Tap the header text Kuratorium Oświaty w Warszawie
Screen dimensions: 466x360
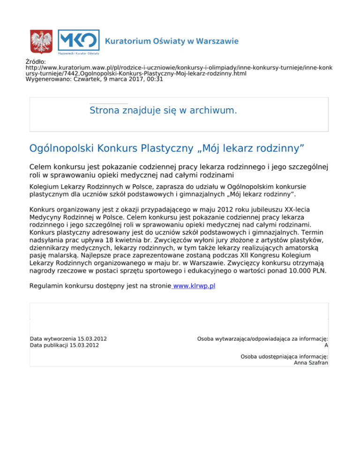click(172, 41)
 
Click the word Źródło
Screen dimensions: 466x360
click(36, 61)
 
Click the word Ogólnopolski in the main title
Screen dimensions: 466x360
click(62, 149)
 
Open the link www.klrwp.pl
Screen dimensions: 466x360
click(194, 285)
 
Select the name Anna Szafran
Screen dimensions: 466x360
click(311, 362)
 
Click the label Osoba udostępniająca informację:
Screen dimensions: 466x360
click(284, 356)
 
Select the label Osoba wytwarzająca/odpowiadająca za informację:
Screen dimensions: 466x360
click(262, 338)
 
